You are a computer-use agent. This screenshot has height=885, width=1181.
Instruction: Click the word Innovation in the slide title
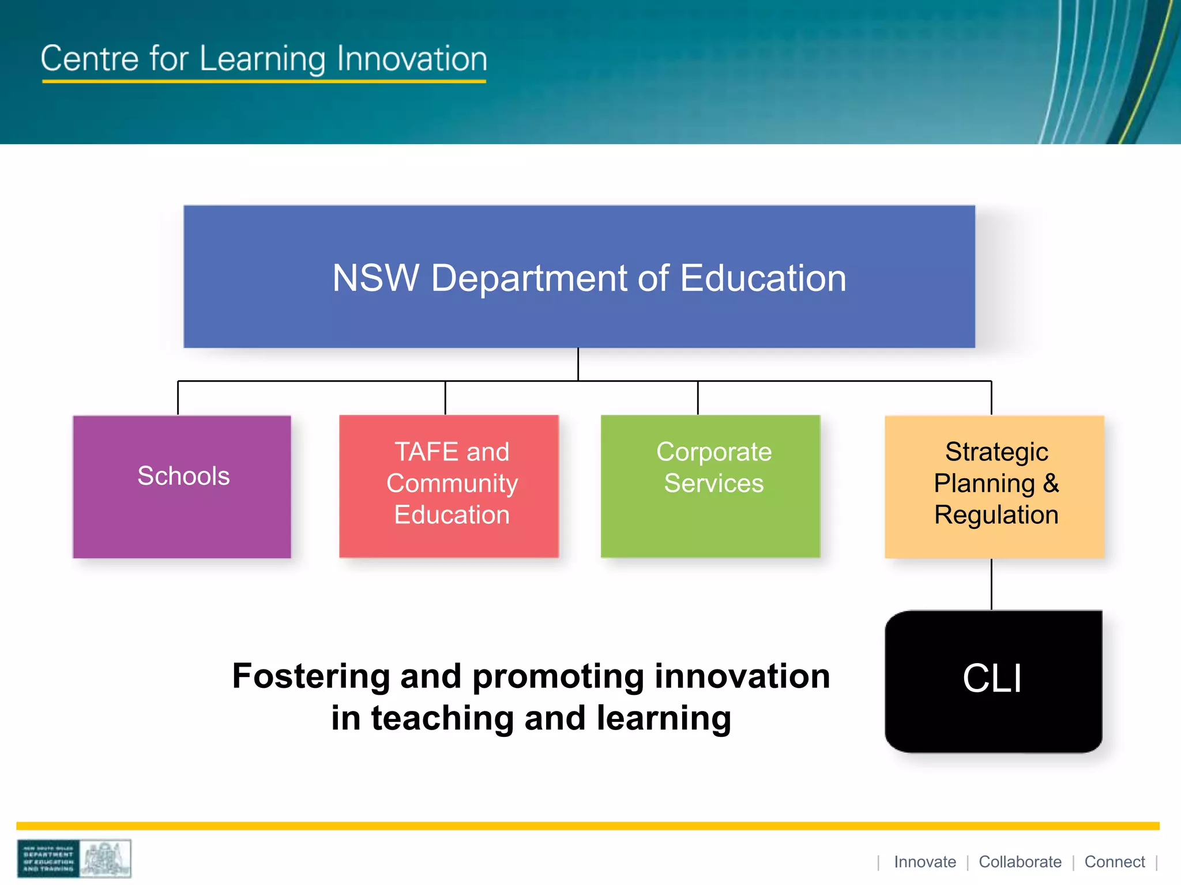coord(412,59)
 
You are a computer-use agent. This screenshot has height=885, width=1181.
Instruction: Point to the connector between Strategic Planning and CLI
coord(991,584)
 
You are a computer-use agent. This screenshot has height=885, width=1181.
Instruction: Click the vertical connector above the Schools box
coord(178,398)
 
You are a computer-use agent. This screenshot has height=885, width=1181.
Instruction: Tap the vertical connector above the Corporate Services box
coord(698,398)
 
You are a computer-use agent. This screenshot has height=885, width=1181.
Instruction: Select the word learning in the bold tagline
coord(663,718)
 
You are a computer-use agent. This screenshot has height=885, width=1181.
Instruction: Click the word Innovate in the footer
coord(924,862)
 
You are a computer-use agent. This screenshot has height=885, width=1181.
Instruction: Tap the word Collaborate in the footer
coord(1020,862)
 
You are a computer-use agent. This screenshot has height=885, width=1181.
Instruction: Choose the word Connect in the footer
coord(1114,862)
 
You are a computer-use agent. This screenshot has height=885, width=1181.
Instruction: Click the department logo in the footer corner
coord(74,858)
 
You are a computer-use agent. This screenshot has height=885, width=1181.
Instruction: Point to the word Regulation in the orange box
coord(996,515)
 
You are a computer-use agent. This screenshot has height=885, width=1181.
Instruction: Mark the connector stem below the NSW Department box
coord(578,364)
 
